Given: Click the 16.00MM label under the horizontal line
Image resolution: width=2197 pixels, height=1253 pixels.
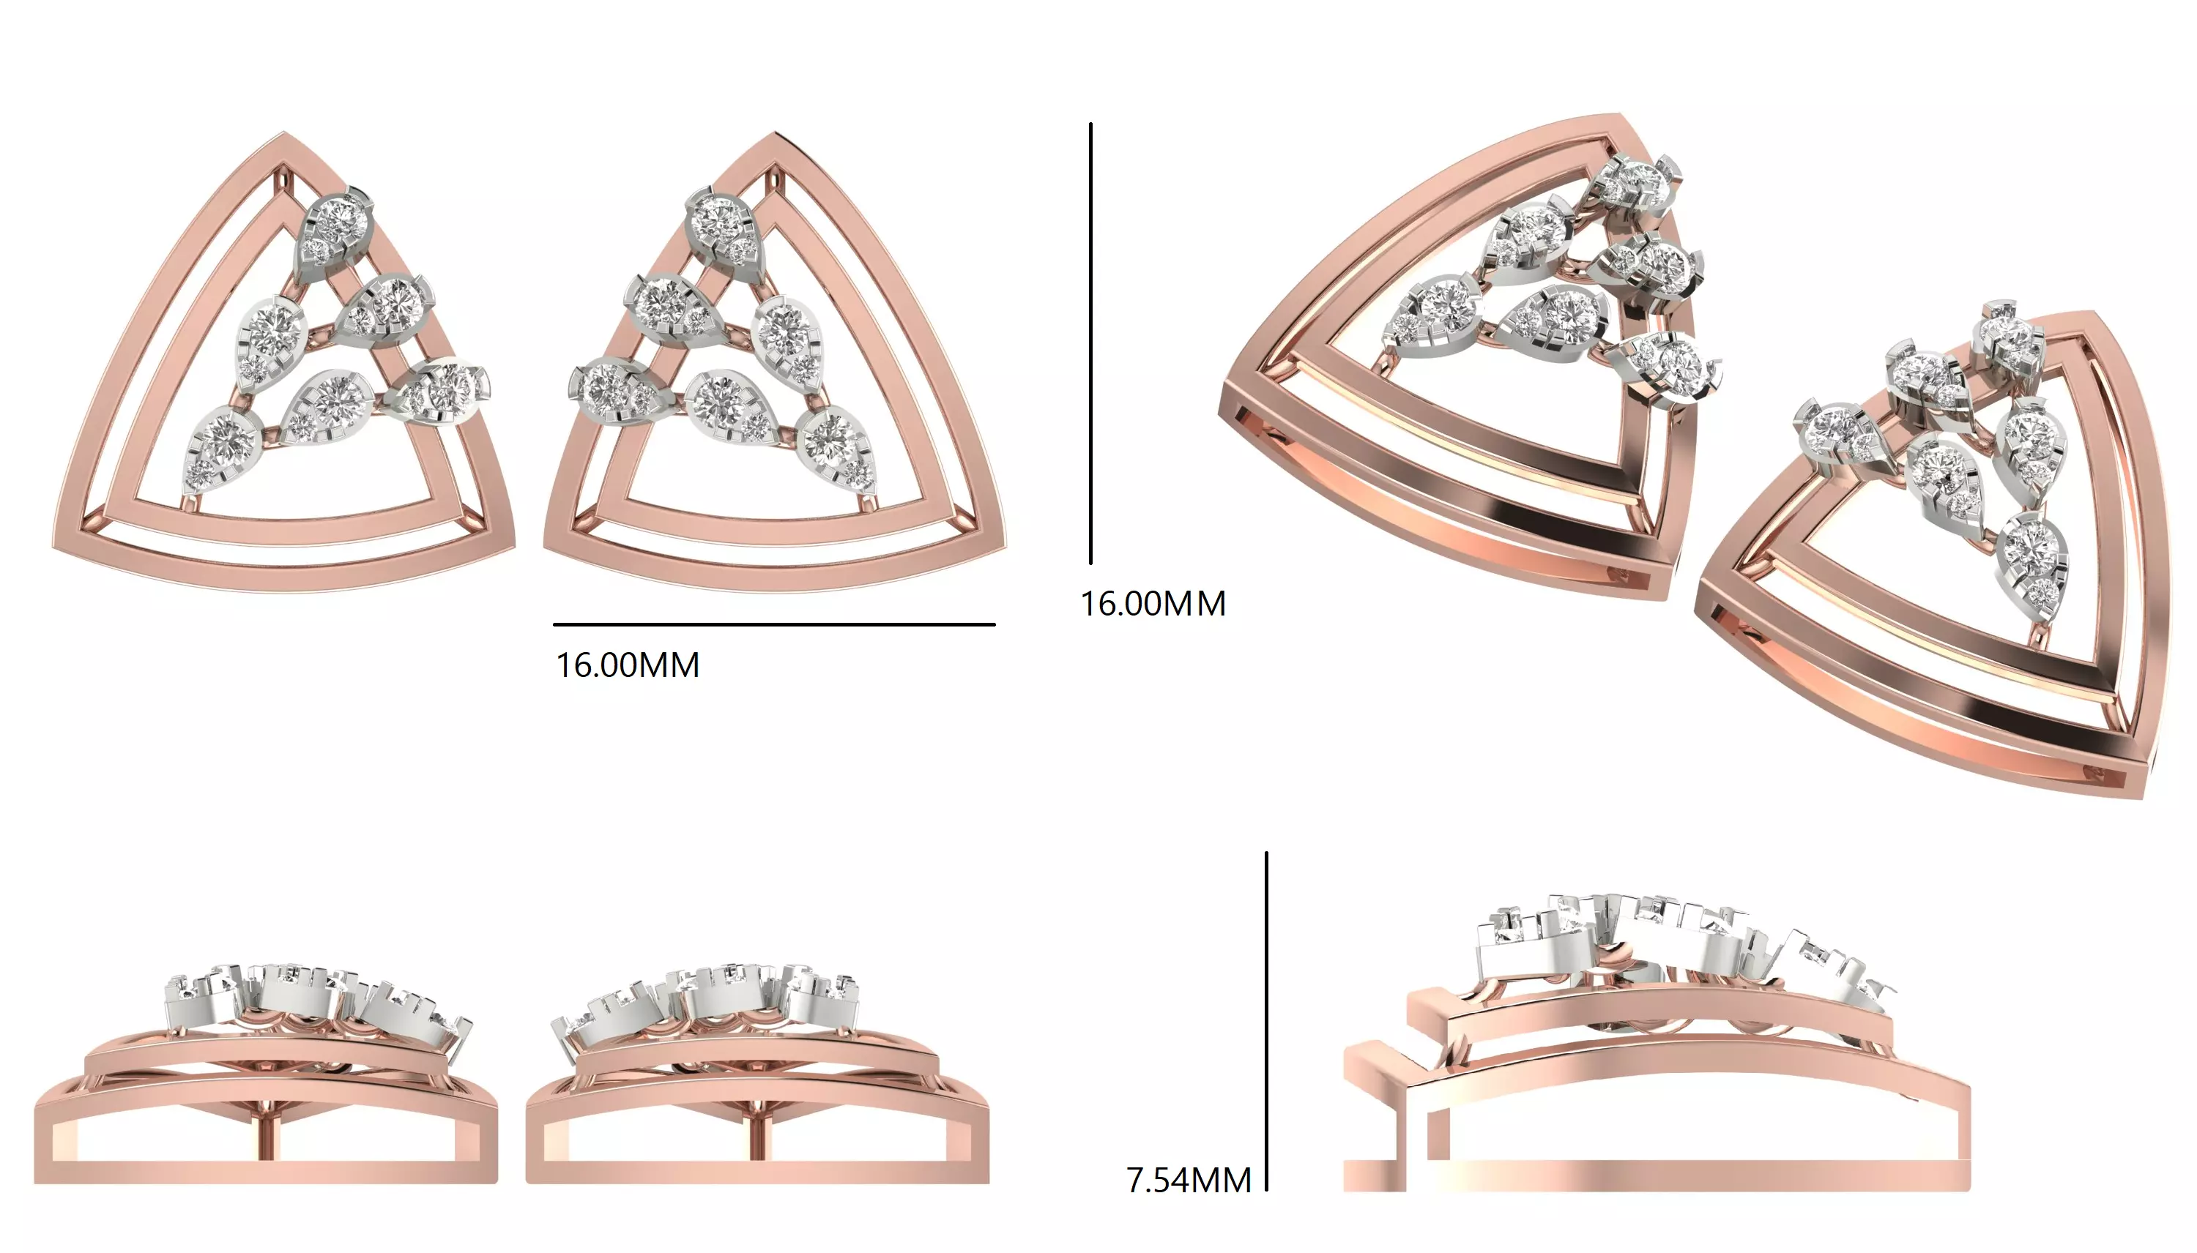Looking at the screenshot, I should (x=628, y=665).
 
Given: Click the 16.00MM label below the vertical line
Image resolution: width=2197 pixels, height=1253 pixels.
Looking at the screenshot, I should (x=1153, y=603).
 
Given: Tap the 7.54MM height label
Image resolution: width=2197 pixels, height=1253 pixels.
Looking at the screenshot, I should (x=1188, y=1180).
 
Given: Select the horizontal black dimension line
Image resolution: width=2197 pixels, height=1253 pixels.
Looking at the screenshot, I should (x=773, y=624).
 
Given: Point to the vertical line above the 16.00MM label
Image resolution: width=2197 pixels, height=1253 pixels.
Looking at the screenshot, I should (x=1090, y=344).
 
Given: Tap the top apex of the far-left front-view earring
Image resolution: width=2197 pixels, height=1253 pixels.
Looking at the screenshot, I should (x=285, y=135).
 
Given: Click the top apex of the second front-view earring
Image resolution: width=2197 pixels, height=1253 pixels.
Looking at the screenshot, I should (x=774, y=135).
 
